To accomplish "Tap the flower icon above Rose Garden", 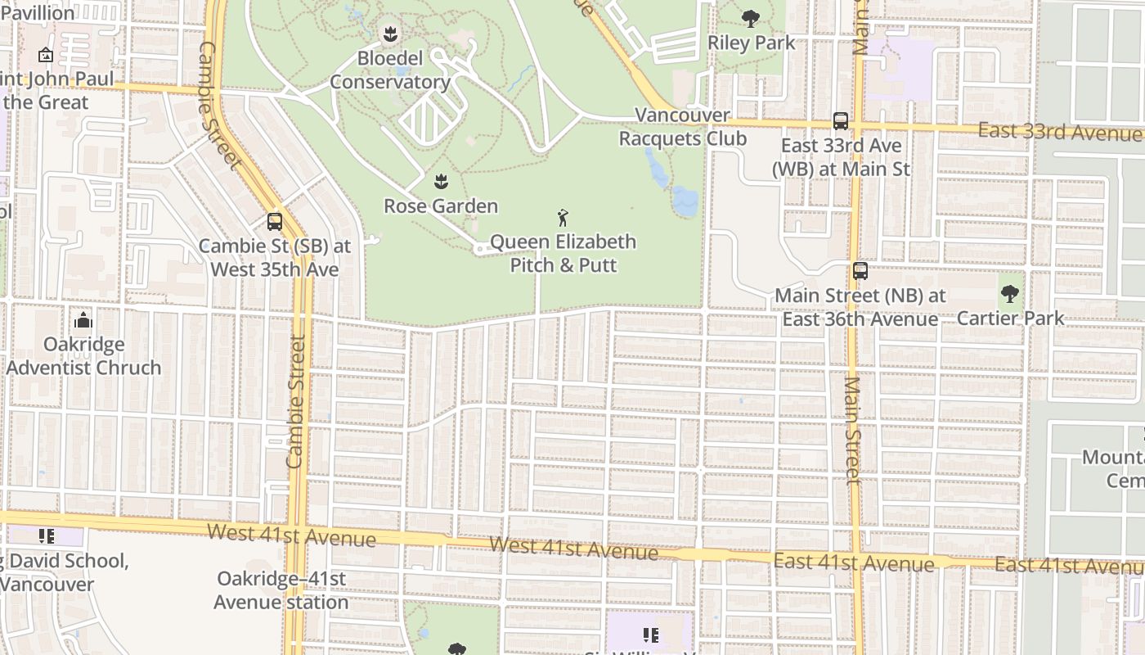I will tap(441, 181).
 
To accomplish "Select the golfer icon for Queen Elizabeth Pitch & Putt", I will tap(563, 218).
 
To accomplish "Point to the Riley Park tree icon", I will tap(750, 18).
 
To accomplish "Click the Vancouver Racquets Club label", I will tap(682, 127).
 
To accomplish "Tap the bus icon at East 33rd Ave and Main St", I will tap(841, 121).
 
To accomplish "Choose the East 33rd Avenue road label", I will tap(1059, 131).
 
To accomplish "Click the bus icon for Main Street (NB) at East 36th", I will tap(860, 271).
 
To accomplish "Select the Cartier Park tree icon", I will tap(1010, 294).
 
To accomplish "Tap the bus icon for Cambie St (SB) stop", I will tap(275, 221).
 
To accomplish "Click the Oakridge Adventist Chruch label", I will tap(83, 355).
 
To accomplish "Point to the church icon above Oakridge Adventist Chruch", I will tap(83, 320).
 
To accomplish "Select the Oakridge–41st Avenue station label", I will tap(281, 590).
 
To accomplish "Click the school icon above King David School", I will tap(47, 536).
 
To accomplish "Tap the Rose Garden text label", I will tap(441, 206).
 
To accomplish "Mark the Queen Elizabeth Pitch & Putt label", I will tap(563, 253).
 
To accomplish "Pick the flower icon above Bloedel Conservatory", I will tap(390, 34).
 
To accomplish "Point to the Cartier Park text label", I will tap(1010, 318).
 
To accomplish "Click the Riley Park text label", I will tap(751, 43).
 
